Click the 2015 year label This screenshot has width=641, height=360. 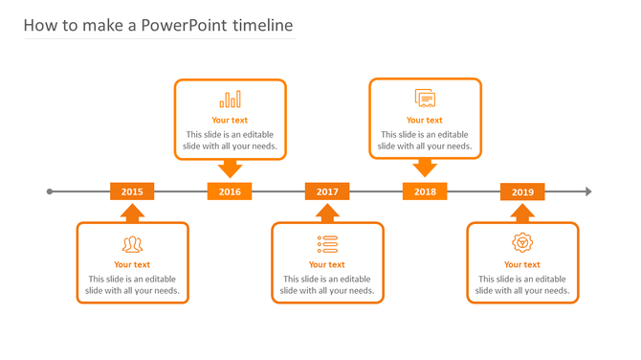tap(132, 191)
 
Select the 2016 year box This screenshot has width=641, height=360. tap(230, 191)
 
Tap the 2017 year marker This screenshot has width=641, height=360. tap(327, 191)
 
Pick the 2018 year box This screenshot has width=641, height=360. tap(425, 191)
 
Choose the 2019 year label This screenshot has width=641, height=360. tap(522, 191)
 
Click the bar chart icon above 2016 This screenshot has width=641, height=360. tap(230, 100)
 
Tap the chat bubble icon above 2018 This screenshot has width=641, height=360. tap(425, 99)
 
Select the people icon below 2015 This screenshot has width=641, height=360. tap(132, 244)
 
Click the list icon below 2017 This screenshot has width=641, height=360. tap(327, 244)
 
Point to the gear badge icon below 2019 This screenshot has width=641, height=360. tap(522, 243)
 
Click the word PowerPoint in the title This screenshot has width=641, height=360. tap(184, 26)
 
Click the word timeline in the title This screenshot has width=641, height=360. tap(262, 26)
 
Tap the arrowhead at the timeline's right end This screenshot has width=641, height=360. tap(588, 191)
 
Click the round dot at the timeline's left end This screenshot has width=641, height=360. tap(50, 191)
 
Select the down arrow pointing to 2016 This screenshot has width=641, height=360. tap(230, 169)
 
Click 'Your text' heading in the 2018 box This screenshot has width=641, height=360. tap(425, 121)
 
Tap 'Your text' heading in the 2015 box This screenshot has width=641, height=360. tap(132, 265)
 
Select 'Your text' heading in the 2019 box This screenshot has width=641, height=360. tap(522, 265)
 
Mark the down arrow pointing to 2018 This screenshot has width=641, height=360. tap(425, 169)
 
